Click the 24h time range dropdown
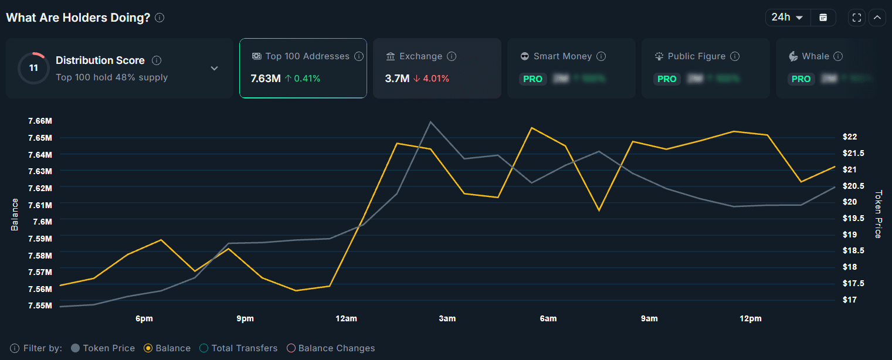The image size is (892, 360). click(788, 18)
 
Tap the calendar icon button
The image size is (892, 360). click(823, 18)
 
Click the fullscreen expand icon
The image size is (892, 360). click(856, 18)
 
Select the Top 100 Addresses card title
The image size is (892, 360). click(307, 56)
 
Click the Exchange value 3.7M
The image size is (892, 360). click(397, 79)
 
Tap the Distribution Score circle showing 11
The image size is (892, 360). click(33, 68)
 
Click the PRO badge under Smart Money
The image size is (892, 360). click(533, 79)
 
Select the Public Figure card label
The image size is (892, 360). click(697, 56)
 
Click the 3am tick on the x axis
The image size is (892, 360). click(447, 318)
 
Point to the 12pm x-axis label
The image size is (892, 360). click(751, 318)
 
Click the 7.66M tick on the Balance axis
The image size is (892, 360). click(40, 121)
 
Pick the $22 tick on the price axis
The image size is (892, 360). click(850, 137)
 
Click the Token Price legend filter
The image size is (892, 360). click(103, 348)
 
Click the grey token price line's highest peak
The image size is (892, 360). click(430, 122)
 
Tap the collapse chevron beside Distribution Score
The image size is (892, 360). click(215, 68)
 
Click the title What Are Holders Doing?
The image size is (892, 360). click(78, 18)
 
